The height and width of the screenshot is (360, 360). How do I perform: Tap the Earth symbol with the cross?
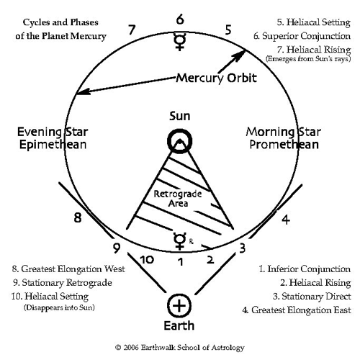179,306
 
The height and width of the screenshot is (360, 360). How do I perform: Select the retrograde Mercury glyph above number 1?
180,241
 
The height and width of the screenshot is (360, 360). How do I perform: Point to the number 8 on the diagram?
78,218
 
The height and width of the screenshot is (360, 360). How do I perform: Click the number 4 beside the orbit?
286,220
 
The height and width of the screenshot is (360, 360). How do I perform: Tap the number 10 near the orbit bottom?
147,260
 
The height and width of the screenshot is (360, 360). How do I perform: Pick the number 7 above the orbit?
132,30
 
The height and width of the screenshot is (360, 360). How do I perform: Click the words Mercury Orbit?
217,78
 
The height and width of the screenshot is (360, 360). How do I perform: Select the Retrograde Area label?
178,199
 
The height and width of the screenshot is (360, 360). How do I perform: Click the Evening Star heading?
53,132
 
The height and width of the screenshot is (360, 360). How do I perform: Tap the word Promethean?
284,145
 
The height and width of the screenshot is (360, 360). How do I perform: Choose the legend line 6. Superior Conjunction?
302,36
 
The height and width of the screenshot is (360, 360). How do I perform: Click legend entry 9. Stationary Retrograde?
63,283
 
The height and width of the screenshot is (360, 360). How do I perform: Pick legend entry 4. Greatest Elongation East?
297,310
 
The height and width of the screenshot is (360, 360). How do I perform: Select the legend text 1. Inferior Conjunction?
305,269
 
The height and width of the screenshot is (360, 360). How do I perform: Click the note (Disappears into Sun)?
59,307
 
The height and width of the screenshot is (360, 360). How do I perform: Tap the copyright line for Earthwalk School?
180,348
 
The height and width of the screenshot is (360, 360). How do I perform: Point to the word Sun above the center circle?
180,116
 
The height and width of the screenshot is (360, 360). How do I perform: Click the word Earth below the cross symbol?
179,325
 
